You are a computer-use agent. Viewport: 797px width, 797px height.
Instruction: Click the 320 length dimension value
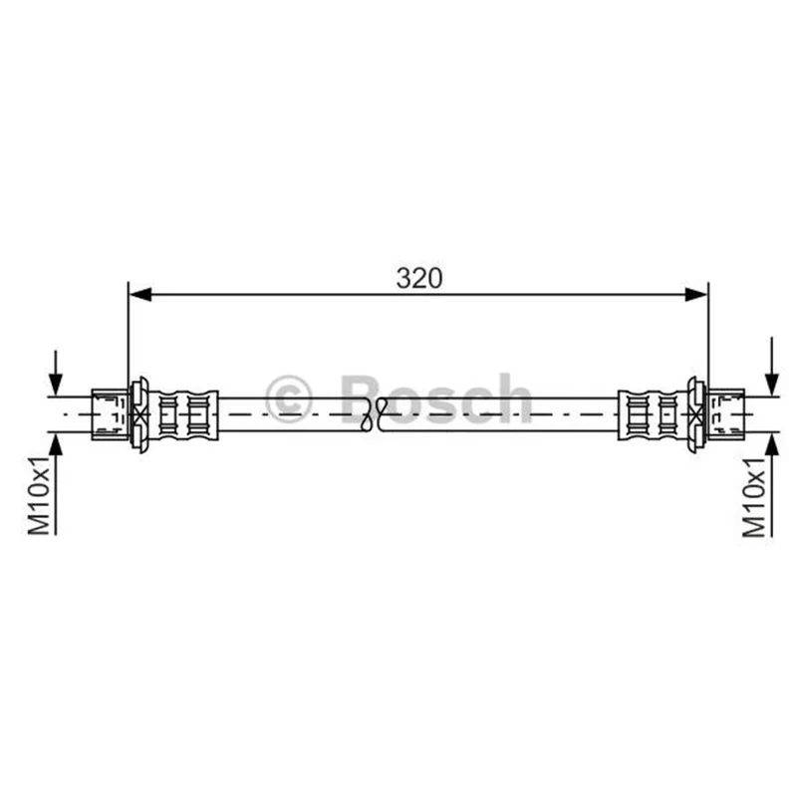(x=419, y=279)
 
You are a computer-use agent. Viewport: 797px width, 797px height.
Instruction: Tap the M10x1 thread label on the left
(x=39, y=495)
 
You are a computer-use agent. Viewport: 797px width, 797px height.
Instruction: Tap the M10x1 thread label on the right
(x=754, y=496)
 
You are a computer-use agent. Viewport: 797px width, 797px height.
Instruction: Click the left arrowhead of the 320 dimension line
(x=140, y=294)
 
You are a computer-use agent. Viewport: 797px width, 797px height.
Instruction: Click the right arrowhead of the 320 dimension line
(x=695, y=294)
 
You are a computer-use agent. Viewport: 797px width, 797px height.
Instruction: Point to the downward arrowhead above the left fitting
(x=56, y=385)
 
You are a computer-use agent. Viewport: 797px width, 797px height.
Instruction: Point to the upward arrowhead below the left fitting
(x=56, y=444)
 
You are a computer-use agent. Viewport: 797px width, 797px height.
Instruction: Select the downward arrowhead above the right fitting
(x=772, y=385)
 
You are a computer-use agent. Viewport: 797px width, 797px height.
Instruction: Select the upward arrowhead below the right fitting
(x=772, y=444)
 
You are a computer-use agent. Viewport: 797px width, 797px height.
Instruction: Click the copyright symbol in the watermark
(x=288, y=399)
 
